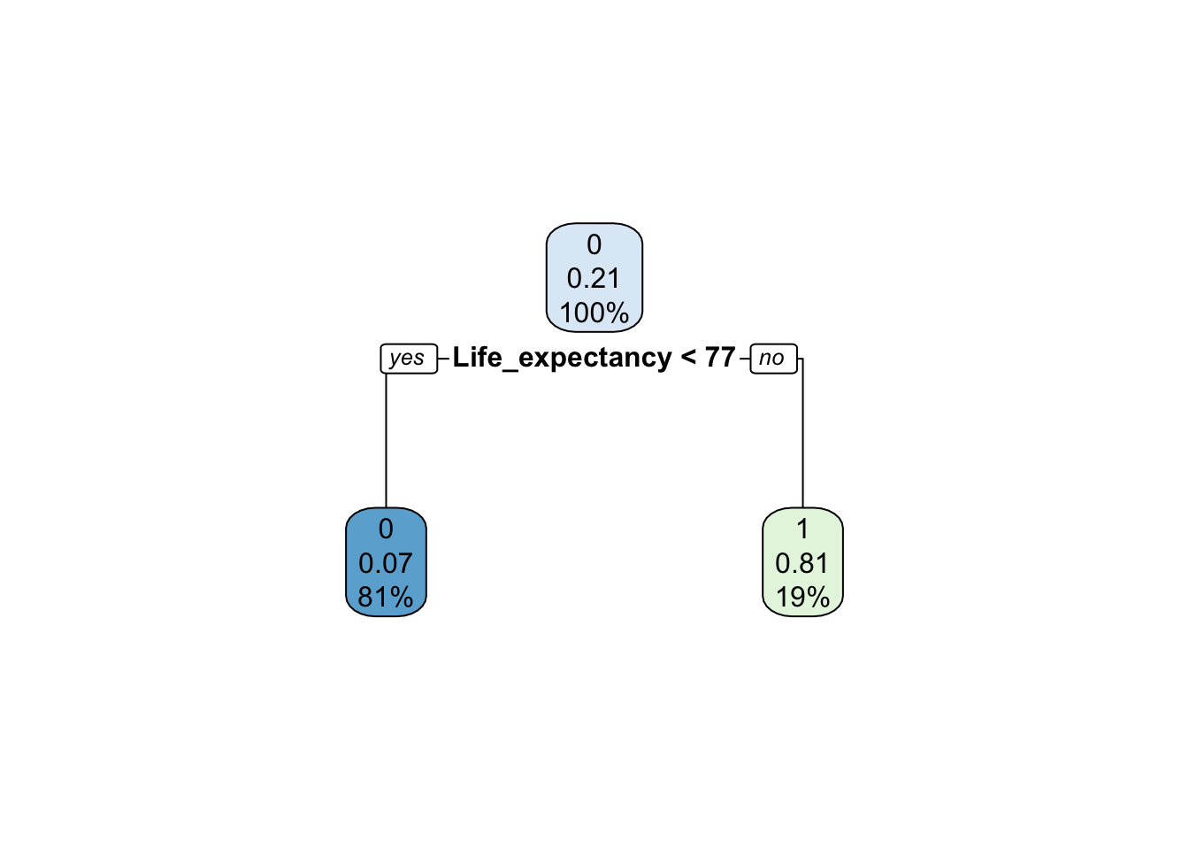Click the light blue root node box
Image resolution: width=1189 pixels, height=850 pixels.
[594, 278]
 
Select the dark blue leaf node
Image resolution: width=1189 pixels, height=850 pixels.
[386, 562]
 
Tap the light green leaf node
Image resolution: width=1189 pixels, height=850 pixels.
[802, 562]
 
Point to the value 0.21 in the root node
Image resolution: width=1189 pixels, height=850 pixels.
[594, 278]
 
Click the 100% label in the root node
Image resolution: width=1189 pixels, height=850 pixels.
[594, 313]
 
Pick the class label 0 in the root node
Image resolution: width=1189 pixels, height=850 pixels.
[594, 244]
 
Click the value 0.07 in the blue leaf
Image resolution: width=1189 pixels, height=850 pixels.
[386, 563]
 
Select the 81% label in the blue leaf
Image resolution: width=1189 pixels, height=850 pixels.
[386, 597]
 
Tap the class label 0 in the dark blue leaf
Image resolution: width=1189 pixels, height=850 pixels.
[386, 529]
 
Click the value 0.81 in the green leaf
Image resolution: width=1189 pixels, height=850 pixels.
[802, 563]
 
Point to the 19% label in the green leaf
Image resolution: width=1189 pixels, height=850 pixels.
[802, 597]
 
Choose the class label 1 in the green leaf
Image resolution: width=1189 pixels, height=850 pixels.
[803, 529]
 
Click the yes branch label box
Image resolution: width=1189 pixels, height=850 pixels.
[409, 359]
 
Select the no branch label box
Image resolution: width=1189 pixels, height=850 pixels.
[773, 359]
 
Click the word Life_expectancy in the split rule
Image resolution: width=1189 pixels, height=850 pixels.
[563, 357]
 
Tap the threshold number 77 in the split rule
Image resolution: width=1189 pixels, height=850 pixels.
[720, 357]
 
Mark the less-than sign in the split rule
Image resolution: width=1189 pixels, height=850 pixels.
[688, 357]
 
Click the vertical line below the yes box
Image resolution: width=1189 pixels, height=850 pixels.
[386, 441]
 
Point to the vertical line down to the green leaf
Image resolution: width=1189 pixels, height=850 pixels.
[802, 433]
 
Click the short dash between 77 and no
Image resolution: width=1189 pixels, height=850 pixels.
[745, 359]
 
